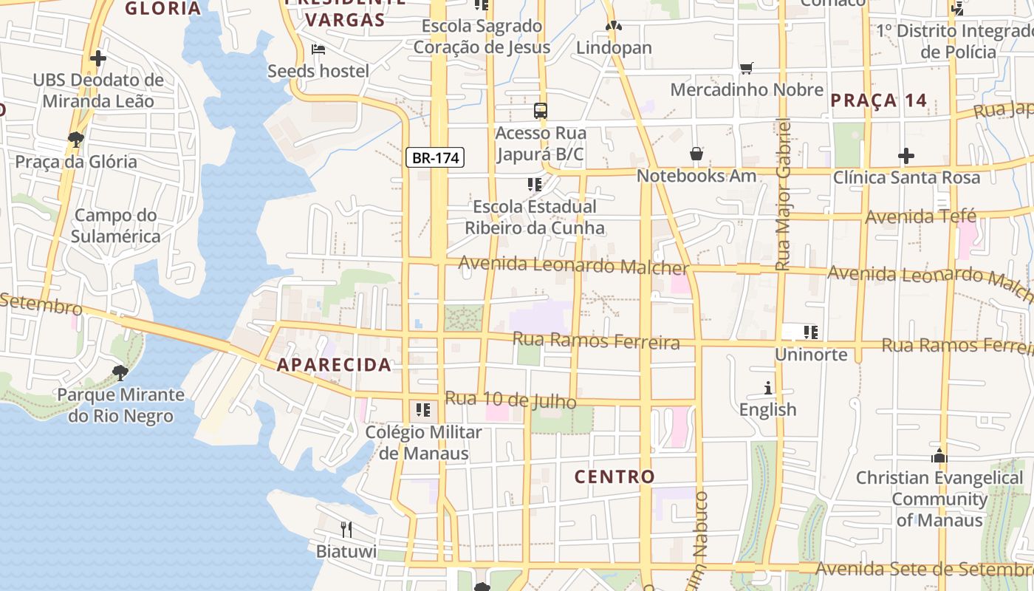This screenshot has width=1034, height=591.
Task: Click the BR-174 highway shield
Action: pos(435,157)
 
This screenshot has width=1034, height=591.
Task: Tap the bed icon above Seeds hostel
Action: pos(318,49)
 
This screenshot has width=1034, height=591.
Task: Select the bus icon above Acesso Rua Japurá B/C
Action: pos(541,112)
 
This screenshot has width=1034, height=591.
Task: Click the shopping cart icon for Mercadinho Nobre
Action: pos(747,69)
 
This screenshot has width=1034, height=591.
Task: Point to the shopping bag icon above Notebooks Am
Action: pos(696,154)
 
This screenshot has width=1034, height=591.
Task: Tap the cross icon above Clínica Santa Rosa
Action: pos(906,156)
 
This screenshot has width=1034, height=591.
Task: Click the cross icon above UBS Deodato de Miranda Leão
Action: pos(97,58)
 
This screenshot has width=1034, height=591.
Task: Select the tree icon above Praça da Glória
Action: pos(75,139)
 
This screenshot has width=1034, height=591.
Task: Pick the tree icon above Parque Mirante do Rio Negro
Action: pos(120,372)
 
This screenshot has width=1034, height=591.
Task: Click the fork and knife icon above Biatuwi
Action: pos(346,529)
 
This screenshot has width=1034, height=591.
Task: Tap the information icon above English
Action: pos(768,388)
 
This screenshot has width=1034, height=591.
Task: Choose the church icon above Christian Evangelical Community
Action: pos(939,456)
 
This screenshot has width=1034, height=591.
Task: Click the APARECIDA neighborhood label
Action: pos(334,365)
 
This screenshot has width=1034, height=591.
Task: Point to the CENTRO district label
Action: pos(614,477)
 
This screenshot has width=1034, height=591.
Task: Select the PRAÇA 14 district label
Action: pos(878,101)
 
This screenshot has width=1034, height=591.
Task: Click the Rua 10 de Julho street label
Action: pos(510,400)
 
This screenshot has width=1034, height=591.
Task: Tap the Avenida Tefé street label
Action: pos(920,217)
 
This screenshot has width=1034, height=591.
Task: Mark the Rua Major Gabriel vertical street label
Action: pos(784,194)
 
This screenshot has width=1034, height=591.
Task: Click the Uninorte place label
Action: pos(811,355)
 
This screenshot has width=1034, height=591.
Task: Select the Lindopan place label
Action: pos(614,48)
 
